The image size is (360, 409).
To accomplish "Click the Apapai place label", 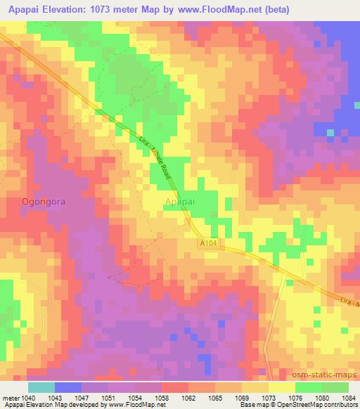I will coord(179,202).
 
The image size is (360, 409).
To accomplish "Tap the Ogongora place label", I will coord(43,201).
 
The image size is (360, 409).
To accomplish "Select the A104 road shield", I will coord(206,242).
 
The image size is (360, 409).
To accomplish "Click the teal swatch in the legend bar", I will coord(41,387).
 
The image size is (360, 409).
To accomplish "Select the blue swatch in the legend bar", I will coord(68,387).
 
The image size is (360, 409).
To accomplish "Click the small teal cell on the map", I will coord(330,132).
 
